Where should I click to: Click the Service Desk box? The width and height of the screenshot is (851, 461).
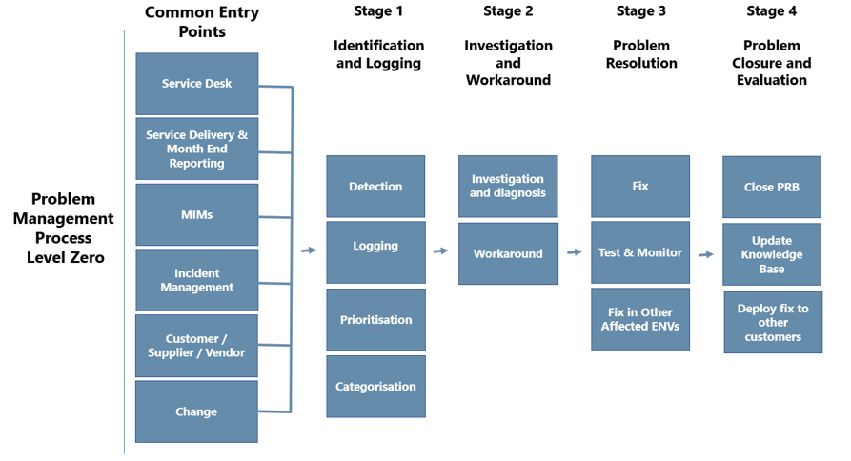point(196,84)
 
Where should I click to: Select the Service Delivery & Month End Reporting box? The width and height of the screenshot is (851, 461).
point(196,149)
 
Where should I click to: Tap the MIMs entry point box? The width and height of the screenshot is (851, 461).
point(196,215)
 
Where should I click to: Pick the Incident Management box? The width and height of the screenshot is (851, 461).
point(196,280)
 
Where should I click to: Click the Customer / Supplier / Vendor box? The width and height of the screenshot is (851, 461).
point(196,346)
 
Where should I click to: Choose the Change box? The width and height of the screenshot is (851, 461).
point(196,411)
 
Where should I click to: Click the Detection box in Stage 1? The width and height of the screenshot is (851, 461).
point(375,187)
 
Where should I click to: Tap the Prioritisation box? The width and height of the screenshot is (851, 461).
point(375,320)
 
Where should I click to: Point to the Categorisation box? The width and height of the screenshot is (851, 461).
point(375,387)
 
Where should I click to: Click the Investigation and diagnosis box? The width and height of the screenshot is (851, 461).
point(508,186)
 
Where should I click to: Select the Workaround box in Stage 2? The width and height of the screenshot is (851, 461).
point(508,253)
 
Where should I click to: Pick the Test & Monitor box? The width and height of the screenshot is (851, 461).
point(640,252)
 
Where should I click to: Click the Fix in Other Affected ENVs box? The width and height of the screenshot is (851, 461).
point(640,319)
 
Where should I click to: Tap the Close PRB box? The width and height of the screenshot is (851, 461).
point(772,187)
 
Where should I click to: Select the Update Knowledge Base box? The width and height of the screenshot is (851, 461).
point(772,254)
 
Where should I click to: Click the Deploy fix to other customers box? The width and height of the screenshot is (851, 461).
point(773,322)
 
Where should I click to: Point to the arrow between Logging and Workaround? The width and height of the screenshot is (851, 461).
point(441,251)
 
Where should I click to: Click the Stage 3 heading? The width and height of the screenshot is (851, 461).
point(640,11)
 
